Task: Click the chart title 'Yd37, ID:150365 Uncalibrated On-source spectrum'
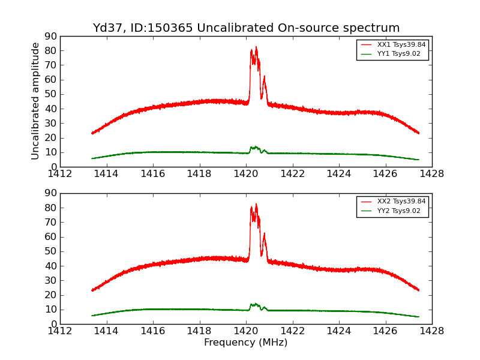(x=246, y=28)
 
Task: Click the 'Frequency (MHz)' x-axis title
(x=246, y=343)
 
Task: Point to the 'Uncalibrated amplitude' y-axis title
(x=35, y=101)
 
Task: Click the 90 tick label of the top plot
(x=50, y=36)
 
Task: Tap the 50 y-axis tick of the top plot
(x=50, y=94)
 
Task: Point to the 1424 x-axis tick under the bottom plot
(x=338, y=331)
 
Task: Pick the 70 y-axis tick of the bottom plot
(x=50, y=223)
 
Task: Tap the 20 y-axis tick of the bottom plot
(x=50, y=295)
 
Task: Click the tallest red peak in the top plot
(x=256, y=47)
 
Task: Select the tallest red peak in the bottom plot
(x=256, y=204)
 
